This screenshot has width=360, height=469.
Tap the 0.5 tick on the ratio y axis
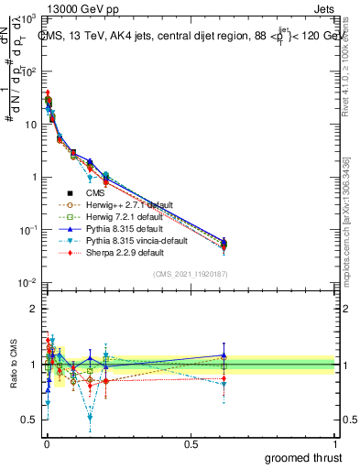click(27, 420)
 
